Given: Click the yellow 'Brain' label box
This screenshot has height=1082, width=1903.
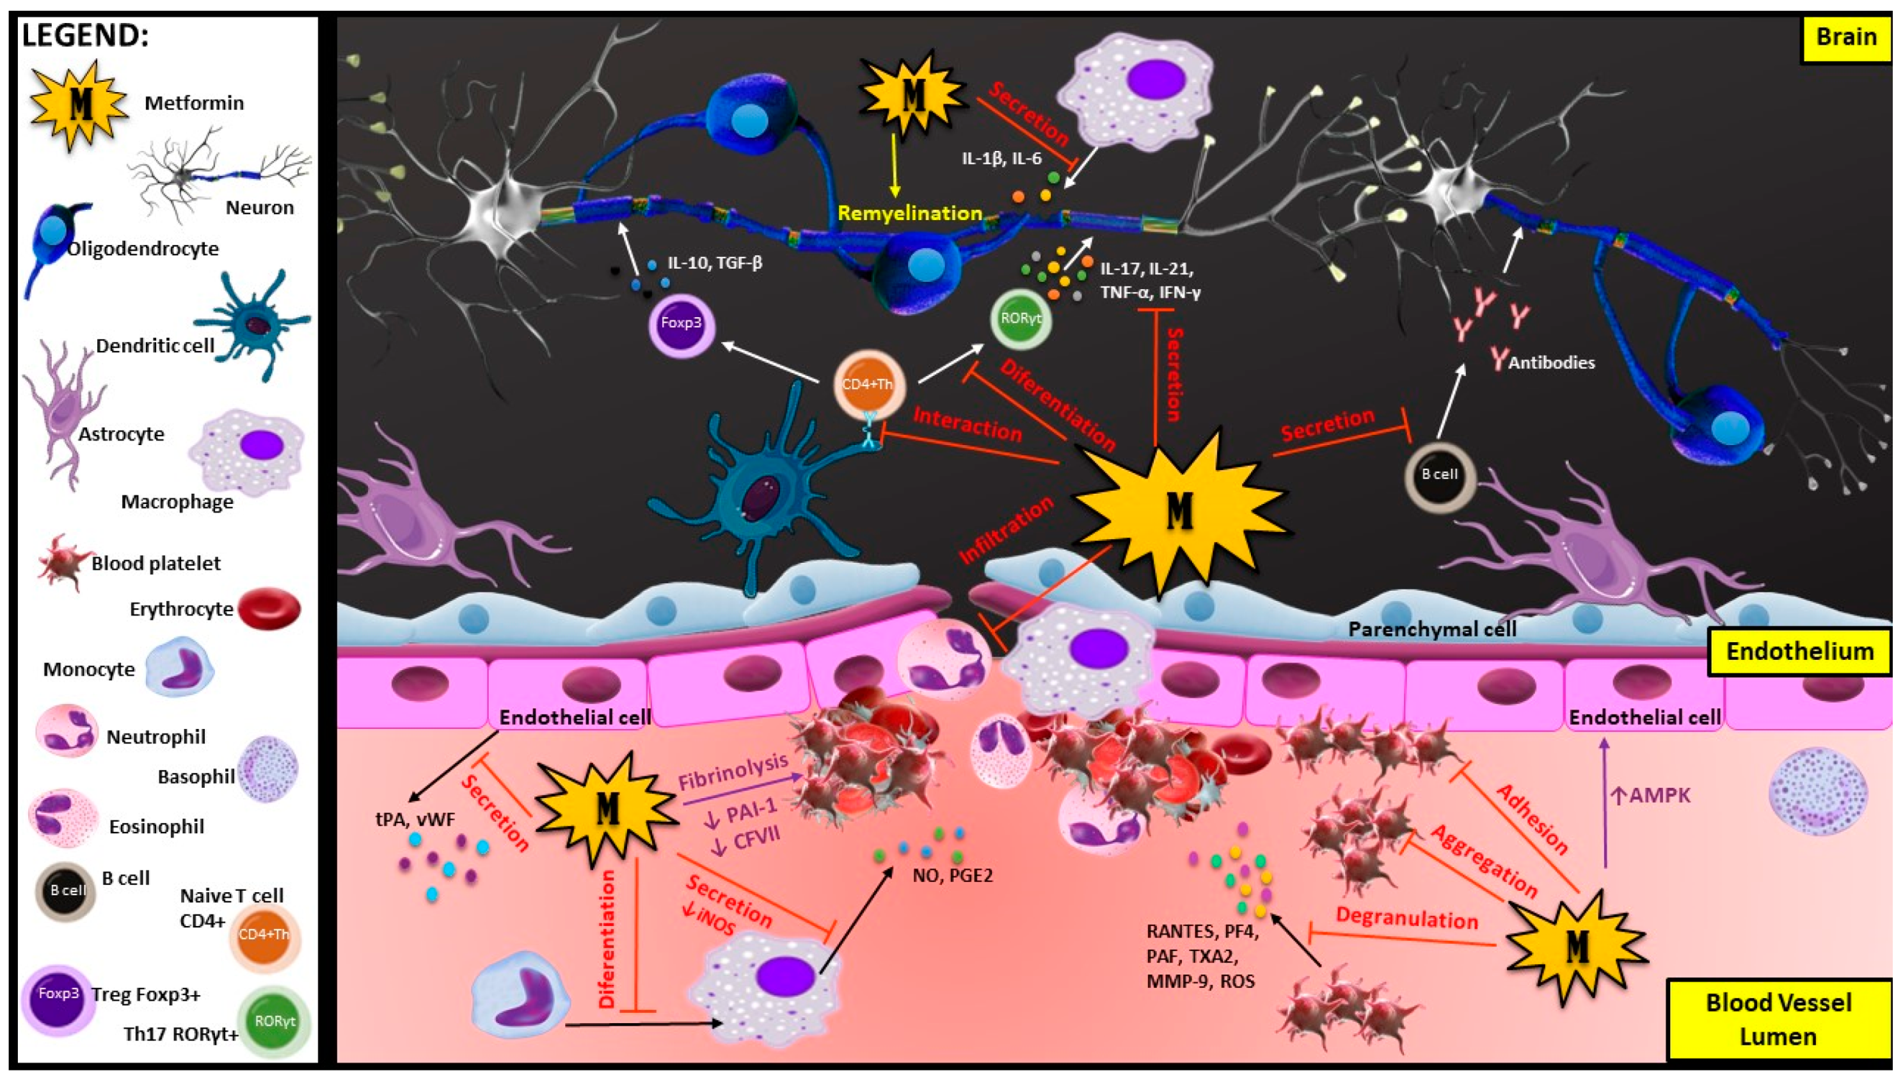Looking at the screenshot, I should point(1846,37).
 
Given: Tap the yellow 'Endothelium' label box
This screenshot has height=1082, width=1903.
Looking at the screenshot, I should point(1799,652).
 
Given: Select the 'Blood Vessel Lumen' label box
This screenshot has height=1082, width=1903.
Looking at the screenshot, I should point(1778,1019).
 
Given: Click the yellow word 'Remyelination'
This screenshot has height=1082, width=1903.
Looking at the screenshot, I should point(910,214).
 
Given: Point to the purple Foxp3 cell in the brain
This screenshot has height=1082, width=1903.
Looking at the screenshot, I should point(681,324).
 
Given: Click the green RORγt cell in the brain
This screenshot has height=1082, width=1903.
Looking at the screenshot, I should point(1021,320).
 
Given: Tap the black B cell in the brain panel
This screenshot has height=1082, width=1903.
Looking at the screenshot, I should point(1439,474).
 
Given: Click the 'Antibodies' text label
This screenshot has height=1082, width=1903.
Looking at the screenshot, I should point(1552,363).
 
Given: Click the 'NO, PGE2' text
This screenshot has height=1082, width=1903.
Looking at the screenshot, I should point(952,875).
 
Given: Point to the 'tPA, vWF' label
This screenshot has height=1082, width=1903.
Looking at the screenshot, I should point(415,819).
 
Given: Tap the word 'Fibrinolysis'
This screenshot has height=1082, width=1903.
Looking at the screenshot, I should point(733,771).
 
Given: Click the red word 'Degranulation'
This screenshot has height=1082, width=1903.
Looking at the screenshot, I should point(1407,918).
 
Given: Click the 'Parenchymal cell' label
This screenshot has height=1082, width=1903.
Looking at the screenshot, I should point(1431,629).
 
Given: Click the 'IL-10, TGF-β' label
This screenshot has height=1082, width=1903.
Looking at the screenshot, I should point(714,263).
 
